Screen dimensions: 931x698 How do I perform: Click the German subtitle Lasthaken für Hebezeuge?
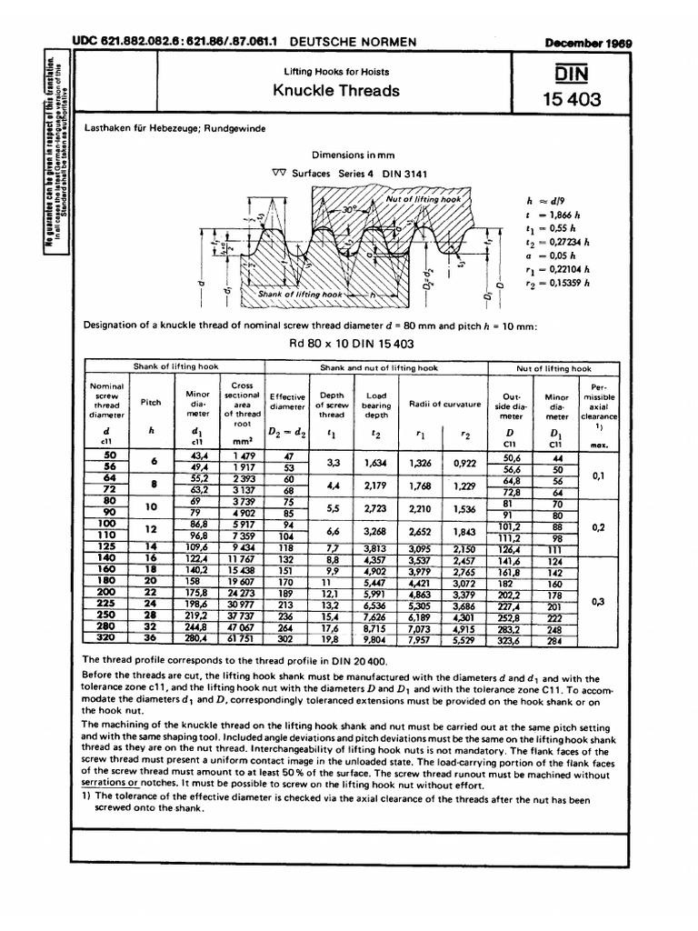pyautogui.click(x=174, y=130)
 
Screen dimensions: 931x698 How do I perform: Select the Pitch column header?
pyautogui.click(x=150, y=401)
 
